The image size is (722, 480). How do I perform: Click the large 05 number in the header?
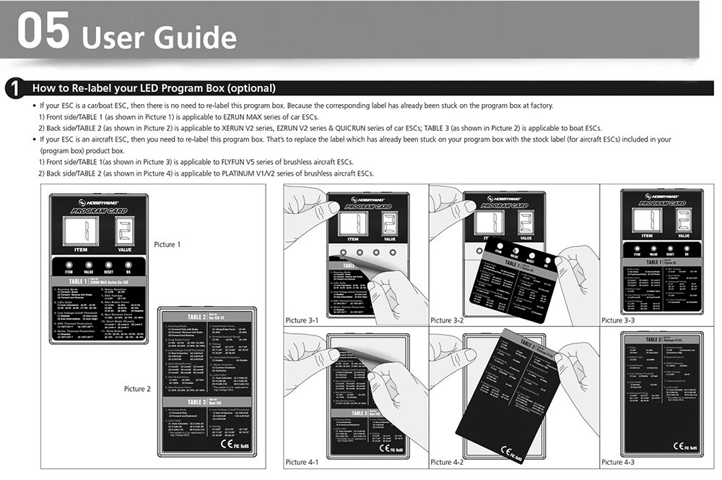click(x=43, y=33)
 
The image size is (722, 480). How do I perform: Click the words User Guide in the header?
click(x=159, y=36)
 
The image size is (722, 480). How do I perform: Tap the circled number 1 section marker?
click(x=13, y=90)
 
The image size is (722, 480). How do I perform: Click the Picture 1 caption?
click(x=167, y=244)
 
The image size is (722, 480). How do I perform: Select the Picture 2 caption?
click(x=137, y=389)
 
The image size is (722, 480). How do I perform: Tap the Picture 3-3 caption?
click(x=617, y=320)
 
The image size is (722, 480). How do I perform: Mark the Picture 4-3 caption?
click(x=617, y=462)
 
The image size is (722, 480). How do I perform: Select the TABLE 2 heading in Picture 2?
click(x=197, y=317)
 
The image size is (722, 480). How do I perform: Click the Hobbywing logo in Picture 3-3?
click(x=662, y=194)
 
